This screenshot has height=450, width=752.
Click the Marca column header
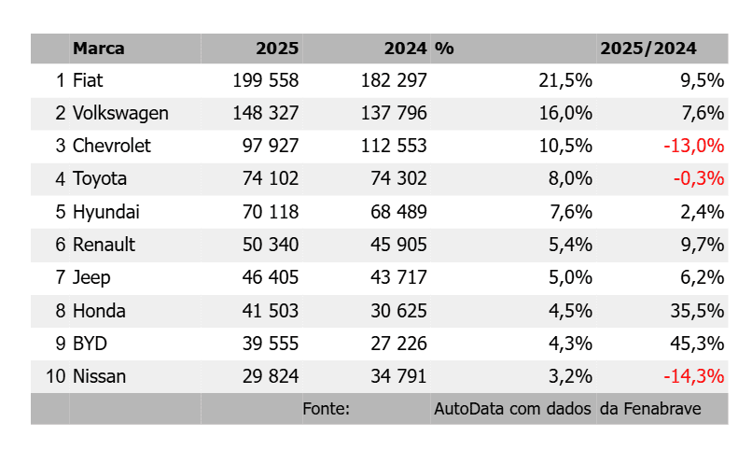[98, 49]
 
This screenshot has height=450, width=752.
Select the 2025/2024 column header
[648, 49]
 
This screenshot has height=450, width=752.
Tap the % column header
[444, 49]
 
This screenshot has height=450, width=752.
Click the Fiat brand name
[88, 80]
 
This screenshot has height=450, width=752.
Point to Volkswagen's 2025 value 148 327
[266, 113]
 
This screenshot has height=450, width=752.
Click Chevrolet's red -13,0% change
[693, 146]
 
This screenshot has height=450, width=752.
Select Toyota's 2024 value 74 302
[398, 178]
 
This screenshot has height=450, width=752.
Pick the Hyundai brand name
[106, 212]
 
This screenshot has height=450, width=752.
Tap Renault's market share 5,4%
[570, 245]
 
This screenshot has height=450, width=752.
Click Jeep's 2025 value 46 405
[271, 277]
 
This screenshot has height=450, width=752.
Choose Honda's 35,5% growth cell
[697, 311]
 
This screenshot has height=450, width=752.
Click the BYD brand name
[90, 344]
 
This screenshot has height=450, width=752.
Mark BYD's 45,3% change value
[697, 344]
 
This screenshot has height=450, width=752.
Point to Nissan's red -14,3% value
[693, 376]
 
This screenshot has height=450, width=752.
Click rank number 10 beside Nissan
[56, 376]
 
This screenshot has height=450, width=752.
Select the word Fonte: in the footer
[327, 409]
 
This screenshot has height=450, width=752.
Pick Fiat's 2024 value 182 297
[394, 80]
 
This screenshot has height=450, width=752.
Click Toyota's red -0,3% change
[699, 178]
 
